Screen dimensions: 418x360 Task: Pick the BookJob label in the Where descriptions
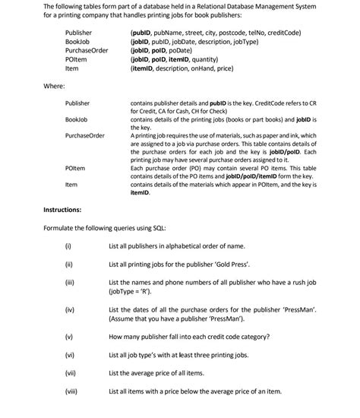(x=76, y=120)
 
